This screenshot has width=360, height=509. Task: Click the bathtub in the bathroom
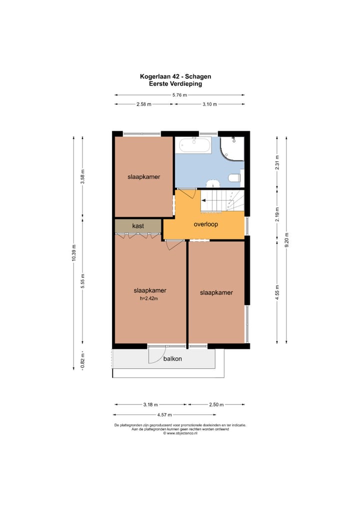click(195, 144)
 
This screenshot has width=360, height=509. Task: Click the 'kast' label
click(138, 226)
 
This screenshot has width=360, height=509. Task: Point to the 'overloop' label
click(206, 224)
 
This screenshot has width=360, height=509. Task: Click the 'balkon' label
click(172, 358)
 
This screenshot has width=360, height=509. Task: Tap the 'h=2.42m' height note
click(149, 298)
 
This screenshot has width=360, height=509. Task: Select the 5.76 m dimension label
click(179, 95)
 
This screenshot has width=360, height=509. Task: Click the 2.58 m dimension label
click(144, 104)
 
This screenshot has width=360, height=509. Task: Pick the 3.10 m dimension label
click(209, 104)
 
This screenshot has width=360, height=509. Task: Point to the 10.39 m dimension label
click(73, 253)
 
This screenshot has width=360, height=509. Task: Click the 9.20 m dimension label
click(286, 240)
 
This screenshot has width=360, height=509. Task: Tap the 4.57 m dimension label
click(164, 414)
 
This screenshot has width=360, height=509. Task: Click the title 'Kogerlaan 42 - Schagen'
click(175, 76)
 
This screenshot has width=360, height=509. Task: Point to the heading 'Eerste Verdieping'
click(175, 84)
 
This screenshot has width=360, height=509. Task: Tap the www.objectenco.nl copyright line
click(180, 433)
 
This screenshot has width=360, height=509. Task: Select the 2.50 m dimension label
click(216, 404)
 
